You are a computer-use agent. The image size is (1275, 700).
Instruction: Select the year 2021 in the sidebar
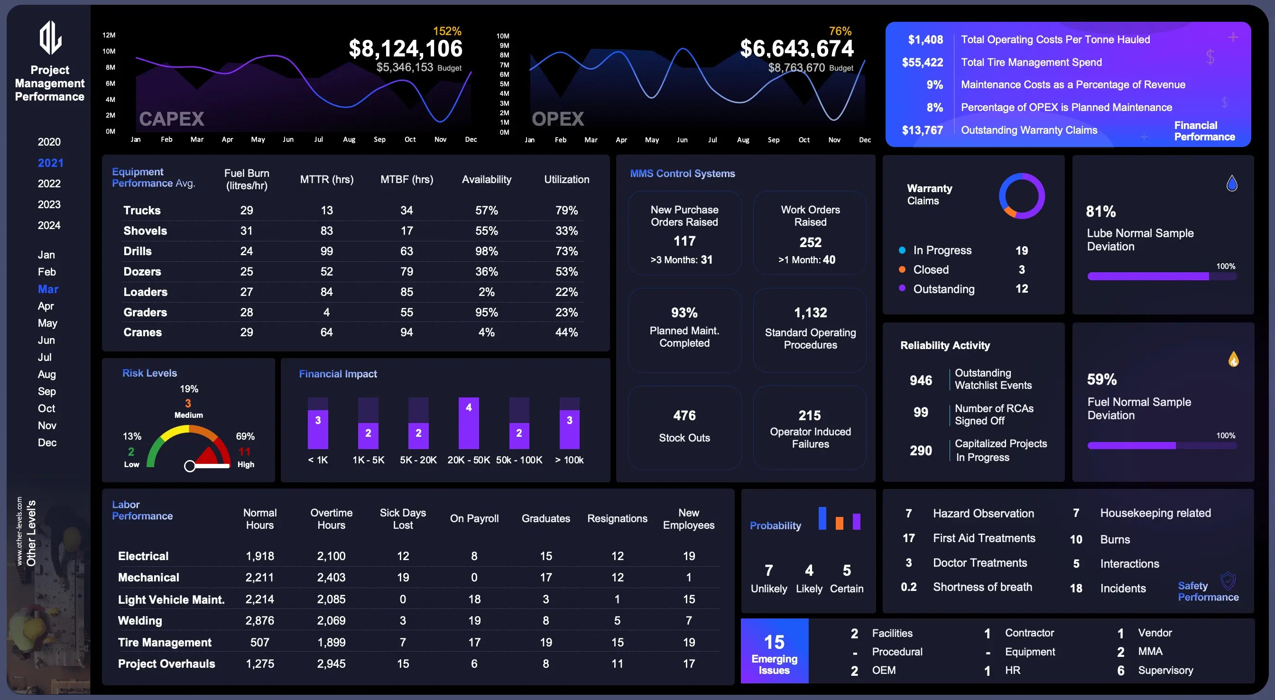tap(50, 163)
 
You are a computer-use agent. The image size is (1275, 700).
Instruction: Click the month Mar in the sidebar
tap(48, 289)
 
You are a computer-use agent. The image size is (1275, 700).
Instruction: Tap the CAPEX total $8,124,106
tap(406, 48)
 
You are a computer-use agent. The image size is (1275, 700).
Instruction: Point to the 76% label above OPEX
tap(840, 31)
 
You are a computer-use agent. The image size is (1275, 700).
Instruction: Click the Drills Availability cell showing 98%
tap(486, 251)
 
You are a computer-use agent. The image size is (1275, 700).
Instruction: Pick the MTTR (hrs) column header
tap(327, 179)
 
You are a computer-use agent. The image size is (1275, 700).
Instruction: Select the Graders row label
tap(145, 313)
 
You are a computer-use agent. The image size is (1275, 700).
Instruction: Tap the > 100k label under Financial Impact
tap(569, 460)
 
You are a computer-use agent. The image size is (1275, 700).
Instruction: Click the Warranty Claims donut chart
tap(1022, 196)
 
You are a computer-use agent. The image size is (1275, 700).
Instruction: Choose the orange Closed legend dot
tap(902, 270)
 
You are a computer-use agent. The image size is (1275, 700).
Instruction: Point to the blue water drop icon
tap(1232, 184)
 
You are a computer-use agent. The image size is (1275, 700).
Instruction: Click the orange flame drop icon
tap(1233, 359)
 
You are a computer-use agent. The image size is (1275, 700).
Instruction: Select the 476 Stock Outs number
tap(684, 415)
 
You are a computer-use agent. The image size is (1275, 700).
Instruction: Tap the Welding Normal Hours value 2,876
tap(259, 621)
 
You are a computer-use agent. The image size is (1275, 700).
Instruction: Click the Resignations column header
tap(617, 518)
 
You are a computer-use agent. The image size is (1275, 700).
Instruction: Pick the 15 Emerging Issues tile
tap(774, 651)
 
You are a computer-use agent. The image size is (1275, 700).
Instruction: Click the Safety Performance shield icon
tap(1228, 580)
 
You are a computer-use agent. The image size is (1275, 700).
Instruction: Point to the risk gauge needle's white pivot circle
tap(190, 466)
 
